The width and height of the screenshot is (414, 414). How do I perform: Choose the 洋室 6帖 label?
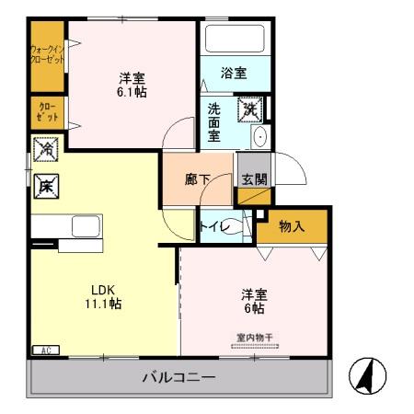pos(254,301)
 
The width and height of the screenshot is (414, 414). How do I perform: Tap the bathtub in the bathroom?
pos(234,40)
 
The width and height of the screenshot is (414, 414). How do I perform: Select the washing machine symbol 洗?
pos(250,109)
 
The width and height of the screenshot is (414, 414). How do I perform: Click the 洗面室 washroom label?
pos(214,121)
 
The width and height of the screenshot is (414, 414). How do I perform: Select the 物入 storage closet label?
pos(292,226)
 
